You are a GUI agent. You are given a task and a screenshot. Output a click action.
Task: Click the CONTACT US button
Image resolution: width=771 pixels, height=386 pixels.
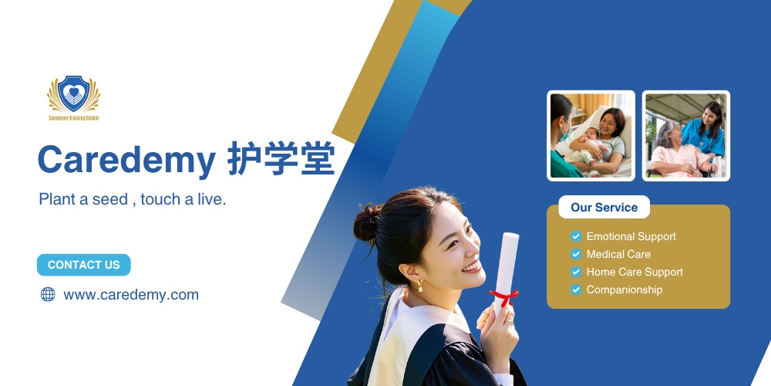(x=83, y=265)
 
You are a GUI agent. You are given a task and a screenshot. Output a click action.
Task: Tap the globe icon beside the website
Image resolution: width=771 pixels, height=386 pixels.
(x=48, y=294)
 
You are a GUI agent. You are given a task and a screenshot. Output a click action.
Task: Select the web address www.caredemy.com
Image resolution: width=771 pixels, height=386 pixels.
(x=131, y=295)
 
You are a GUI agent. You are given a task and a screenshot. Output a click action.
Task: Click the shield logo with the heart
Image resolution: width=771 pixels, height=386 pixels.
(x=74, y=93)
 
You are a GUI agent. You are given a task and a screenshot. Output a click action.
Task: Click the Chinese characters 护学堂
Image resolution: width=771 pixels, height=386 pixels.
(x=281, y=158)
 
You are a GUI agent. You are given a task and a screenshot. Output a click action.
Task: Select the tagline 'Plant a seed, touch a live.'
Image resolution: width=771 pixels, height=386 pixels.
(x=133, y=199)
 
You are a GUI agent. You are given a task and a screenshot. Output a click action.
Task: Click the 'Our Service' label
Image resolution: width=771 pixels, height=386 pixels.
(x=604, y=207)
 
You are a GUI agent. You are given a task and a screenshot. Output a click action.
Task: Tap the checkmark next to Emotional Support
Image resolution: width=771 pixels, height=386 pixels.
(x=576, y=237)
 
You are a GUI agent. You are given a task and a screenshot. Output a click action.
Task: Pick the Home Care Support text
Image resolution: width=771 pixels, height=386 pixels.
(x=635, y=273)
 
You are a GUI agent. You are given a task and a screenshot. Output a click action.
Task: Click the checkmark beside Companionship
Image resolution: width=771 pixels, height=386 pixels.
(x=576, y=290)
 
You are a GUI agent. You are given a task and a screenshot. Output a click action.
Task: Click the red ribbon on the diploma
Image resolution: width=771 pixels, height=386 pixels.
(x=504, y=297)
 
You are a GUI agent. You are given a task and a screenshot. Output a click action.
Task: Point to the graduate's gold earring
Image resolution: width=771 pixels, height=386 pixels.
(x=420, y=286)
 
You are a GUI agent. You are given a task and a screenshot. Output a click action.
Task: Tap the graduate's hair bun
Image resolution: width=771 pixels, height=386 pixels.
(x=367, y=223)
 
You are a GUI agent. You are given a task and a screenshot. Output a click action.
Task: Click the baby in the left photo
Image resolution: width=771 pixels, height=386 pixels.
(x=589, y=144)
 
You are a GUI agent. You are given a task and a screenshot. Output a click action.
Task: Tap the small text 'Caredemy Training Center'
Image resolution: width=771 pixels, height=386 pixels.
(x=74, y=118)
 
